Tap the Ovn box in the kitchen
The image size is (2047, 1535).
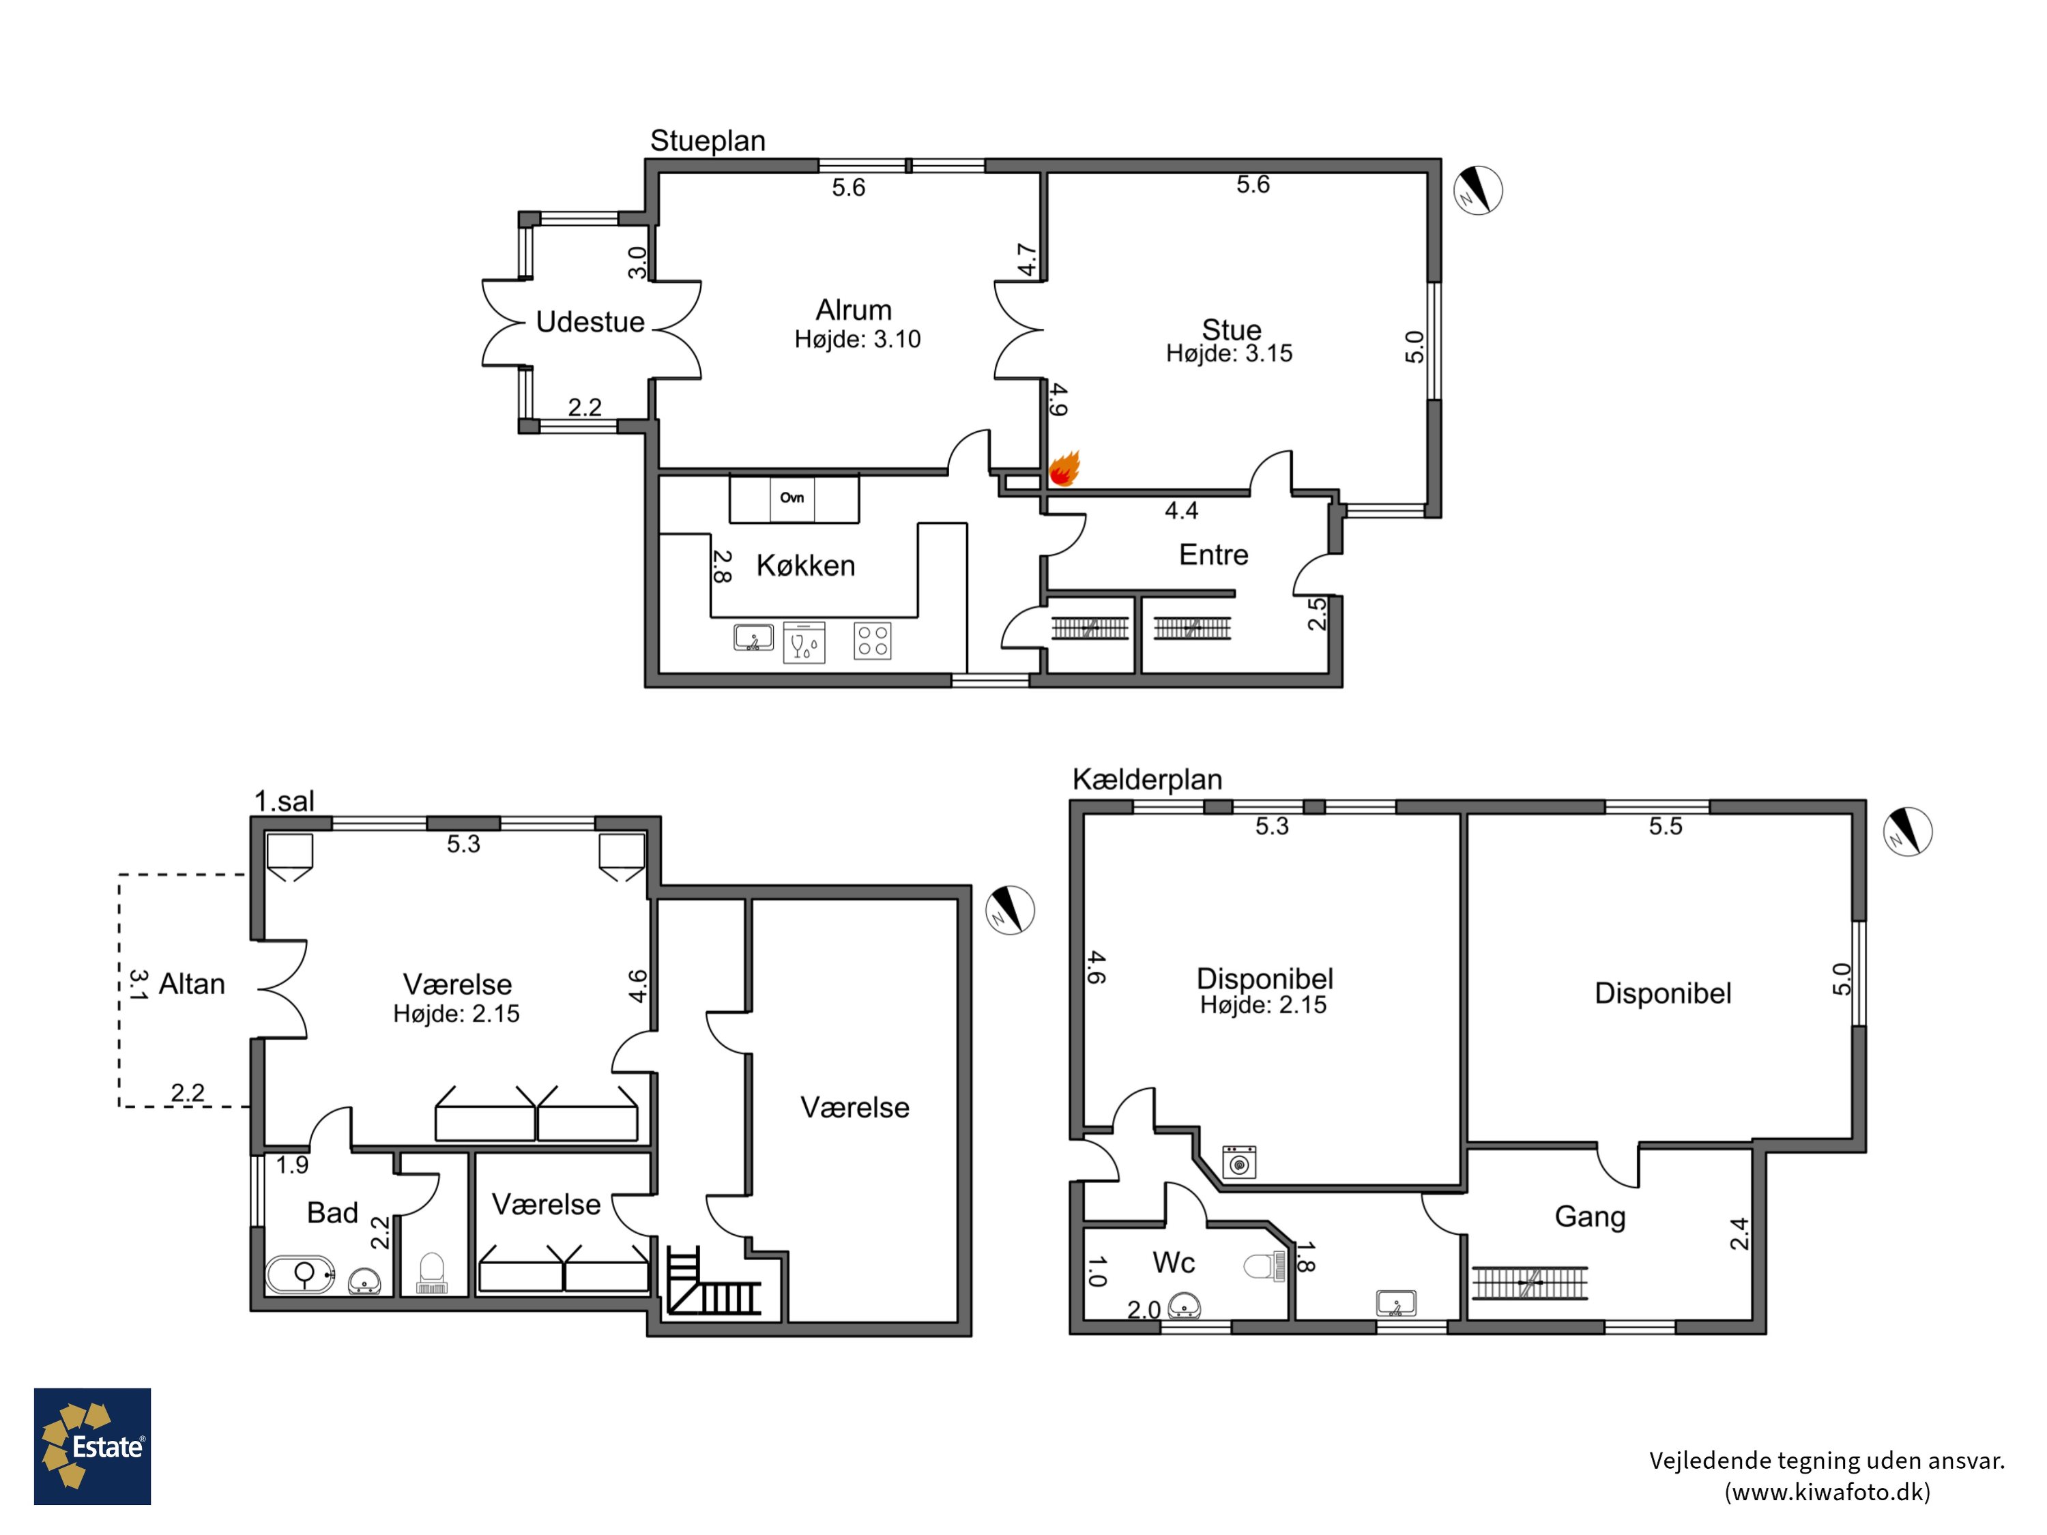click(792, 499)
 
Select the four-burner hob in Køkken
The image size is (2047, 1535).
click(872, 641)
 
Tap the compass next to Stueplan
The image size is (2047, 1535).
click(1477, 190)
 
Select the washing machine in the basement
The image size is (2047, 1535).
click(1239, 1162)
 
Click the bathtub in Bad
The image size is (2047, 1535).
click(301, 1274)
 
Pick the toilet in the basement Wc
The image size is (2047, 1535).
click(1265, 1266)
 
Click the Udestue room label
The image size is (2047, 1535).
click(590, 322)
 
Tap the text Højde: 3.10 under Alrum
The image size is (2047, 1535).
click(858, 340)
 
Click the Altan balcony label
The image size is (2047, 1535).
click(192, 984)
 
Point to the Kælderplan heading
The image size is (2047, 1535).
click(1148, 779)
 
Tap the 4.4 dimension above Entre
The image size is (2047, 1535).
click(1182, 511)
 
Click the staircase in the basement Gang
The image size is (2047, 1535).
click(1530, 1283)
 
